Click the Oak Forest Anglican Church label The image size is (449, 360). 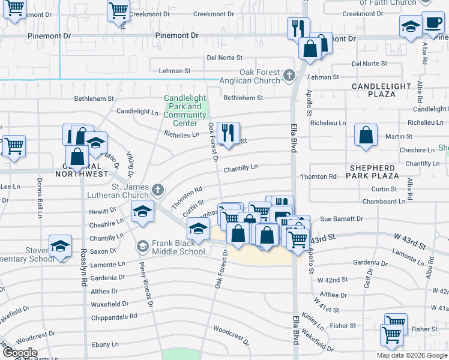point(259,76)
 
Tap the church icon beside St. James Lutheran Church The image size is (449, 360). point(158,190)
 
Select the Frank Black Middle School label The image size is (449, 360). point(178,247)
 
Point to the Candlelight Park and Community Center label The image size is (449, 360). point(185,110)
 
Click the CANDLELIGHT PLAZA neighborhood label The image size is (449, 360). point(382,90)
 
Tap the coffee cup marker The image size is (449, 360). point(432,23)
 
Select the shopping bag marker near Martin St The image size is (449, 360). point(366,135)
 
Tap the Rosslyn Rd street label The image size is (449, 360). point(83,277)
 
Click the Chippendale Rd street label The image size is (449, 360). point(114,316)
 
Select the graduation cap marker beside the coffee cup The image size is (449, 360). point(411,26)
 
